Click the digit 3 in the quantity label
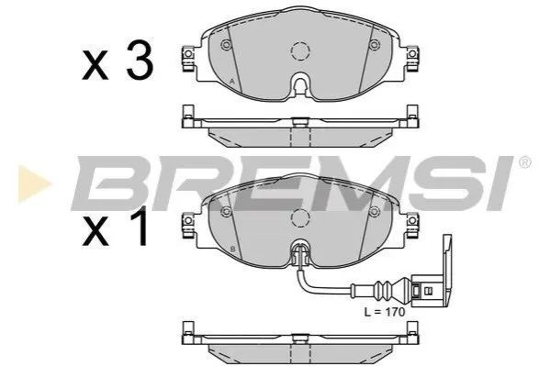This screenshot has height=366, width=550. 140,61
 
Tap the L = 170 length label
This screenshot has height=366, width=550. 385,312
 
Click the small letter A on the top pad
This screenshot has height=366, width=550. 231,82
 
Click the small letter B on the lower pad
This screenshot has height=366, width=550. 232,250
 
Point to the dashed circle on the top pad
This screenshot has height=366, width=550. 300,51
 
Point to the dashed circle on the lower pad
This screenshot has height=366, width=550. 300,218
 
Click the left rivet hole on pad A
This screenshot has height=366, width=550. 226,45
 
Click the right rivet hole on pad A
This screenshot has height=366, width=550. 375,45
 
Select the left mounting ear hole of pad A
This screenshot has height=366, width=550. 188,53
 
